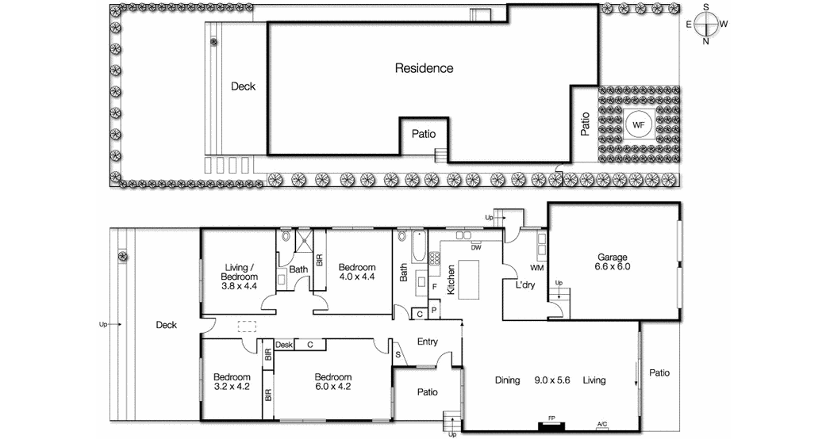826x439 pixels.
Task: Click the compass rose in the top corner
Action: click(x=705, y=25)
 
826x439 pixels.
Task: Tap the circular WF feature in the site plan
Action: click(x=638, y=124)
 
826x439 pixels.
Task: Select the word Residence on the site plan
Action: click(x=424, y=68)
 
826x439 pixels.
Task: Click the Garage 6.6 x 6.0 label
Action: click(x=613, y=262)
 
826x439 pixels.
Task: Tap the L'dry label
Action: click(x=525, y=285)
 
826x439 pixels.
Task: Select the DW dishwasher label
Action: click(x=476, y=248)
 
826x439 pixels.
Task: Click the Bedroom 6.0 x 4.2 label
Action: click(x=332, y=382)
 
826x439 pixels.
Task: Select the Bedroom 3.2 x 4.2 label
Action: click(x=232, y=382)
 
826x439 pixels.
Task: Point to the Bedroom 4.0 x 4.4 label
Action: click(x=356, y=271)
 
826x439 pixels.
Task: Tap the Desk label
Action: click(x=285, y=345)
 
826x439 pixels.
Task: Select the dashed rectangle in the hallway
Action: click(x=248, y=326)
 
